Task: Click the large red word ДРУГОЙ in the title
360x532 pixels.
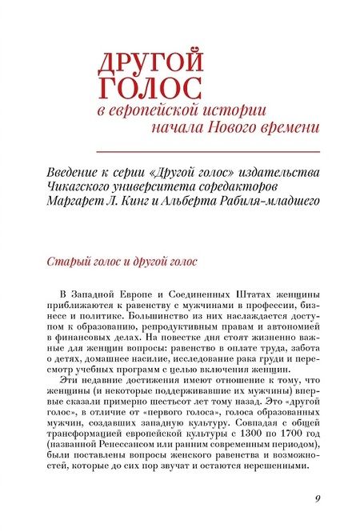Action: tap(150, 62)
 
